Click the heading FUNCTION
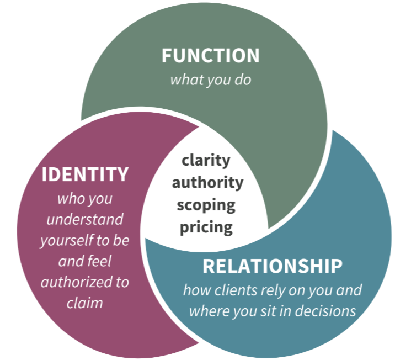pos(211,56)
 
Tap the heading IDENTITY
pos(85,174)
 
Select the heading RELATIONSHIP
pos(273,266)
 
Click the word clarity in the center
pos(206,161)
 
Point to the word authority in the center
pos(207,183)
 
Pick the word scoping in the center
pos(206,205)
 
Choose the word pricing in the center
pos(206,227)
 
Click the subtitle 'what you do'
pos(211,80)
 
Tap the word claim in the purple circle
pos(84,303)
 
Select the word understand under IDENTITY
pos(85,219)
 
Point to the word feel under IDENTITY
pos(100,261)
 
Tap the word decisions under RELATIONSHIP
pos(325,311)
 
